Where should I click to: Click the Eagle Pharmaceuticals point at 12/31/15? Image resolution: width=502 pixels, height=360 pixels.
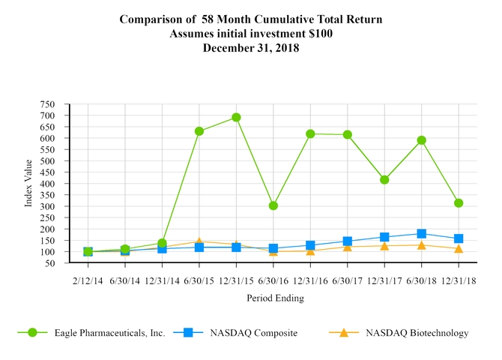pyautogui.click(x=236, y=117)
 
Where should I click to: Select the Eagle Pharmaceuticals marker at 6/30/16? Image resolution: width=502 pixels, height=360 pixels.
pyautogui.click(x=273, y=205)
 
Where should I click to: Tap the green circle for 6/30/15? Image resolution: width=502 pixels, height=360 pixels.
pyautogui.click(x=199, y=131)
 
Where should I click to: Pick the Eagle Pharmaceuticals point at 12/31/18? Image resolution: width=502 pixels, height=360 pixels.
pyautogui.click(x=459, y=203)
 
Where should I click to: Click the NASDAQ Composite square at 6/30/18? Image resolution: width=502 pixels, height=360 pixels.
pyautogui.click(x=421, y=233)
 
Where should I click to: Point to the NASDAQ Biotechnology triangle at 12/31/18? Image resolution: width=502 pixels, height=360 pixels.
pyautogui.click(x=459, y=248)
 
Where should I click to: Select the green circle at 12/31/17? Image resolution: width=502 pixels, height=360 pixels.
pyautogui.click(x=384, y=180)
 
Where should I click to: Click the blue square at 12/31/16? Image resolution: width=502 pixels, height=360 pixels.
pyautogui.click(x=310, y=245)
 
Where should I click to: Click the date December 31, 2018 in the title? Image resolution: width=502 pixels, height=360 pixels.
pyautogui.click(x=251, y=47)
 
